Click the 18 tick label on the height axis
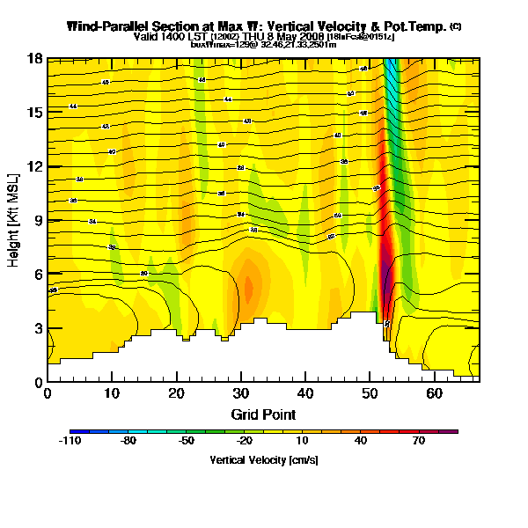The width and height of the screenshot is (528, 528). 33,58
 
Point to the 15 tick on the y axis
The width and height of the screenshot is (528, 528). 33,112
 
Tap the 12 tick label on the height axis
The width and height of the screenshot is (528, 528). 33,166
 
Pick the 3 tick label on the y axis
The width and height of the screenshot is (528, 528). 36,328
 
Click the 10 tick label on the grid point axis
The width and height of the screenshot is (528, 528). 112,393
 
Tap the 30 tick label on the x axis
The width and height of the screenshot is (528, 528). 241,393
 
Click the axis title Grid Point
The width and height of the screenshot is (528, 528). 263,414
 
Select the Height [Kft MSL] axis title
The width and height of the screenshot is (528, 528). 15,220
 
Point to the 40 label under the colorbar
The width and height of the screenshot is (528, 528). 360,442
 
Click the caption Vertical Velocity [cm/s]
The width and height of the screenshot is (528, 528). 263,459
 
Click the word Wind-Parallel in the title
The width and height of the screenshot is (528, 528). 105,27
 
